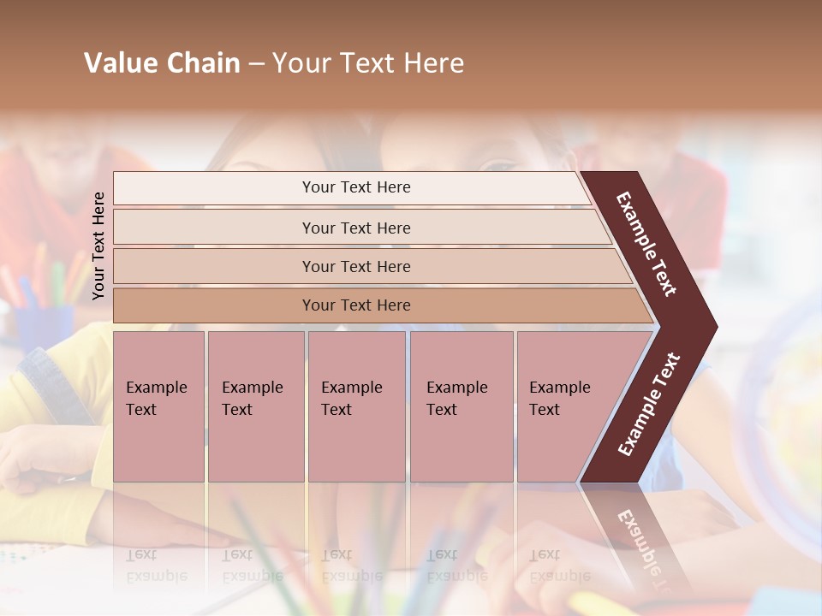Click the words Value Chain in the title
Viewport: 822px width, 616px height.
[x=162, y=63]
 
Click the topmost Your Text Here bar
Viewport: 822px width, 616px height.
[x=355, y=187]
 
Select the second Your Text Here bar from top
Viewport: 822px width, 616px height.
[x=355, y=228]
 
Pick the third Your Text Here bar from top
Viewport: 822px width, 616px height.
[x=355, y=266]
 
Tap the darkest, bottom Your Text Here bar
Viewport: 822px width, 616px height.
[x=355, y=305]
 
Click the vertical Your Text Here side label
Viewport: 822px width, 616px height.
[x=98, y=246]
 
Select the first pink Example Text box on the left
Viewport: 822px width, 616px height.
[x=158, y=406]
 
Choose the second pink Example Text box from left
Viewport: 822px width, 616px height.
[x=255, y=406]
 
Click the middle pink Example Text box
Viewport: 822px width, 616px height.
[x=356, y=406]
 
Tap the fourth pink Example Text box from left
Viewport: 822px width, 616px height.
[x=462, y=406]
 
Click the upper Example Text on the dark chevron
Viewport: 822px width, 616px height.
[x=646, y=244]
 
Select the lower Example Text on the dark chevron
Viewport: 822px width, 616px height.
[x=649, y=405]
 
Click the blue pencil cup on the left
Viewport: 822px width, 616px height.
[x=43, y=325]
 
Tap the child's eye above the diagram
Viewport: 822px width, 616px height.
[x=501, y=164]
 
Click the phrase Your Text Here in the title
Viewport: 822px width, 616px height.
[x=368, y=63]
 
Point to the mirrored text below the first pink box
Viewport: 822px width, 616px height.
[x=156, y=565]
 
